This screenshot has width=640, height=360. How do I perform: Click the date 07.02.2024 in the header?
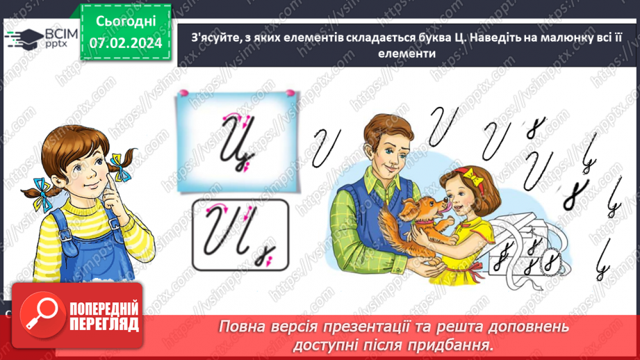click(125, 43)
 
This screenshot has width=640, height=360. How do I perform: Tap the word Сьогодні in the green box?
click(125, 21)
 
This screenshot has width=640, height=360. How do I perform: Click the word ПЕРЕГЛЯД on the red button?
click(104, 324)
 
